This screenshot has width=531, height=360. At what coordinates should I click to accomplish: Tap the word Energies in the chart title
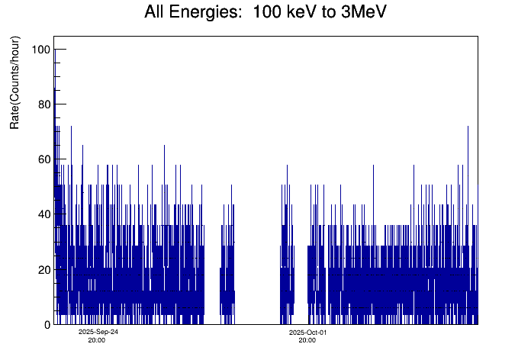[211, 14]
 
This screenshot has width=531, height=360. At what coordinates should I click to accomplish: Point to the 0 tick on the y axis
[47, 324]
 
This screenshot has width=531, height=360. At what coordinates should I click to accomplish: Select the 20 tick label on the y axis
[43, 269]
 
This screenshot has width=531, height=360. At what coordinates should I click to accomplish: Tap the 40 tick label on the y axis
[43, 214]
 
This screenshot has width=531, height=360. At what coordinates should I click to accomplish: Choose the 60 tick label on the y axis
[43, 159]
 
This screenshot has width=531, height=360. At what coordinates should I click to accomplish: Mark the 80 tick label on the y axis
[43, 104]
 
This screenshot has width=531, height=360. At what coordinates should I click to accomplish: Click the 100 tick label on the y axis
[41, 50]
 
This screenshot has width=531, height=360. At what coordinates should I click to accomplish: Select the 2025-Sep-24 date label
[98, 333]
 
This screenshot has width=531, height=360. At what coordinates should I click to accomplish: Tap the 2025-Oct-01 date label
[308, 333]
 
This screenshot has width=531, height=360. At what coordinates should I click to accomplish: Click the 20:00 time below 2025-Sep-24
[97, 340]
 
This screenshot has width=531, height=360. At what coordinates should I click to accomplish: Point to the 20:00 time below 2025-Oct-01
[307, 340]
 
